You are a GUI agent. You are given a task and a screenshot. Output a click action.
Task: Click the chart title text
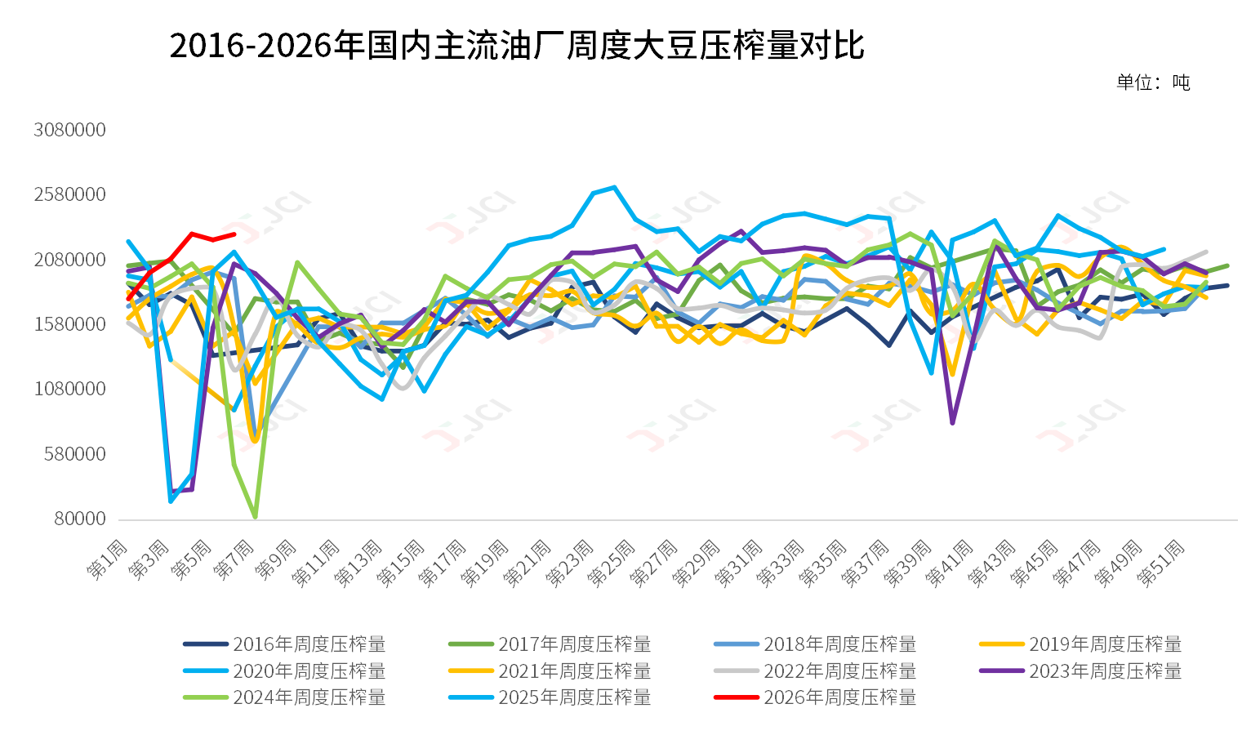[x=516, y=46]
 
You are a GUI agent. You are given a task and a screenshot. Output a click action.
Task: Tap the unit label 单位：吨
[x=1152, y=82]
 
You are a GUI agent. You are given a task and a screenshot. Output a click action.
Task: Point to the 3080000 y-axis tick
[x=70, y=130]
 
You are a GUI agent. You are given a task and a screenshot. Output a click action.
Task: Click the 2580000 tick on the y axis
[x=70, y=194]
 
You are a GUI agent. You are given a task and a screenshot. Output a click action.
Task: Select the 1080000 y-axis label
[x=70, y=389]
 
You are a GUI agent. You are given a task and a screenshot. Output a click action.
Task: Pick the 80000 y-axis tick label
[x=80, y=519]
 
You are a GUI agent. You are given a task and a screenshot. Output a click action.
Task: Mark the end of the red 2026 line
[x=234, y=234]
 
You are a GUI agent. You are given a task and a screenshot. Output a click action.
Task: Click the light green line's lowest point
[x=256, y=517]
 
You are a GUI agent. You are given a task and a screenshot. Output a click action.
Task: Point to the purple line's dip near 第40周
[x=952, y=423]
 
